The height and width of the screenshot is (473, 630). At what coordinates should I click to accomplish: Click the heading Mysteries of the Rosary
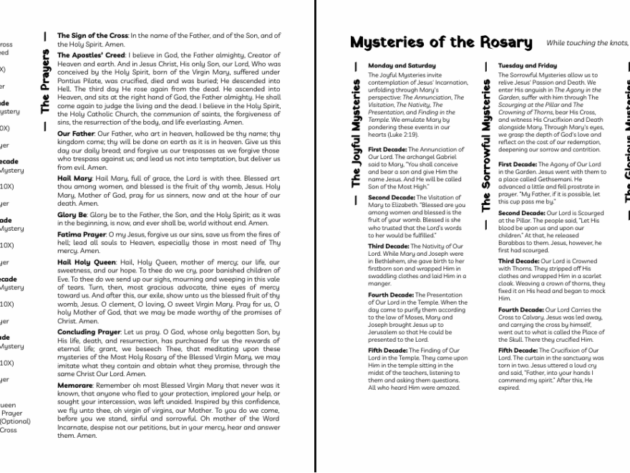pyautogui.click(x=441, y=42)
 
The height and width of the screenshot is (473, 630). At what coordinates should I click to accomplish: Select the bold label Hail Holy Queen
pyautogui.click(x=86, y=262)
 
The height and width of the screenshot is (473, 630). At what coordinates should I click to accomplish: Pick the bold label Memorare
pyautogui.click(x=75, y=385)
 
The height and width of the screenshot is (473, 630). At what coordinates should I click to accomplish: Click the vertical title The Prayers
pyautogui.click(x=45, y=82)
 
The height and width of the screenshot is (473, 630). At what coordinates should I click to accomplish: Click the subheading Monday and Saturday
pyautogui.click(x=401, y=66)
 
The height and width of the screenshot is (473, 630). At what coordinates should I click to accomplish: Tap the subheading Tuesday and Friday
pyautogui.click(x=527, y=66)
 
